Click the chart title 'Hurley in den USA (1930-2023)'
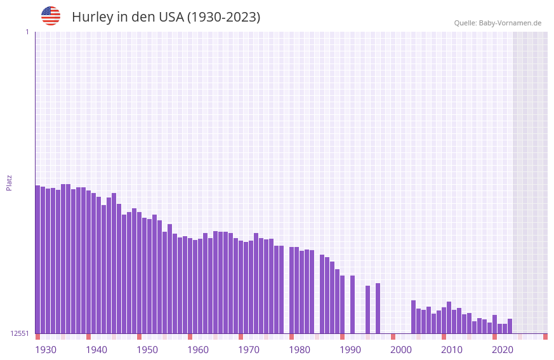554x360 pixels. click(x=166, y=17)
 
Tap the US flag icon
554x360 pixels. click(x=51, y=16)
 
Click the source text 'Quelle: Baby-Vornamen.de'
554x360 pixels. click(x=498, y=23)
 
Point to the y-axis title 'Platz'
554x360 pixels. click(x=9, y=182)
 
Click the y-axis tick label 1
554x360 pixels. click(x=27, y=32)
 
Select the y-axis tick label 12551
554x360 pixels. click(x=19, y=333)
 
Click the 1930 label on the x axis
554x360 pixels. click(x=46, y=350)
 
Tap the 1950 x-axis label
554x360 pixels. click(x=147, y=350)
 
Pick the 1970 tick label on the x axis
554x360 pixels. click(x=249, y=350)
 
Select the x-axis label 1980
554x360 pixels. click(x=300, y=350)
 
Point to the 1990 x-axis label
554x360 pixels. click(x=350, y=350)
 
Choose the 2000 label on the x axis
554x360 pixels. click(x=401, y=350)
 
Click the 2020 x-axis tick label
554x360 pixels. click(x=503, y=350)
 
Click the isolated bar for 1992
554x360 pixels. click(x=352, y=304)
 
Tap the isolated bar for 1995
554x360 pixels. click(x=367, y=309)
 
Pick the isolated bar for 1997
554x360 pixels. click(x=378, y=308)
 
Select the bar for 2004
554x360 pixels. click(x=413, y=317)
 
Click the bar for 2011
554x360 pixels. click(x=449, y=317)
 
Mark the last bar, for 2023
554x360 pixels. click(x=510, y=326)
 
